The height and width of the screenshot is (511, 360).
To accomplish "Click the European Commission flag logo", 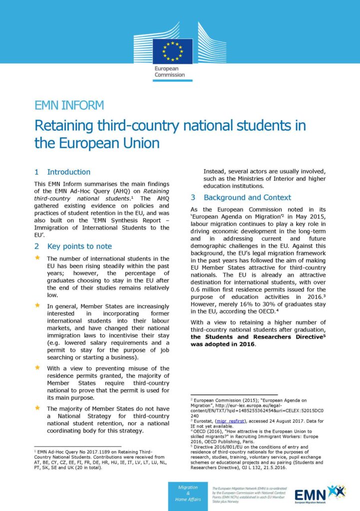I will (173, 51).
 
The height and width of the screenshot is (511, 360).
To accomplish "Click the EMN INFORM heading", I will (69, 105).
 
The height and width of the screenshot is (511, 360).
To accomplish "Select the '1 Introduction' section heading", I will (62, 172).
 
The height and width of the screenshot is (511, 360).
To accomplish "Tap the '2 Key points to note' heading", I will (73, 246).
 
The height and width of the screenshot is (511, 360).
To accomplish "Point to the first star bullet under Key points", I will (37, 258).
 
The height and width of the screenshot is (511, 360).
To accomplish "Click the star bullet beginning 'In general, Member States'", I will (37, 304).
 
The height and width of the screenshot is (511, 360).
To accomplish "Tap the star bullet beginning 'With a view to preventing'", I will (37, 367).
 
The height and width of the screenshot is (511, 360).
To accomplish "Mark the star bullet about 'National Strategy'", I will (37, 408).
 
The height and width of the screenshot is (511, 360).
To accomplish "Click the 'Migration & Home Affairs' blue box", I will (188, 494).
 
